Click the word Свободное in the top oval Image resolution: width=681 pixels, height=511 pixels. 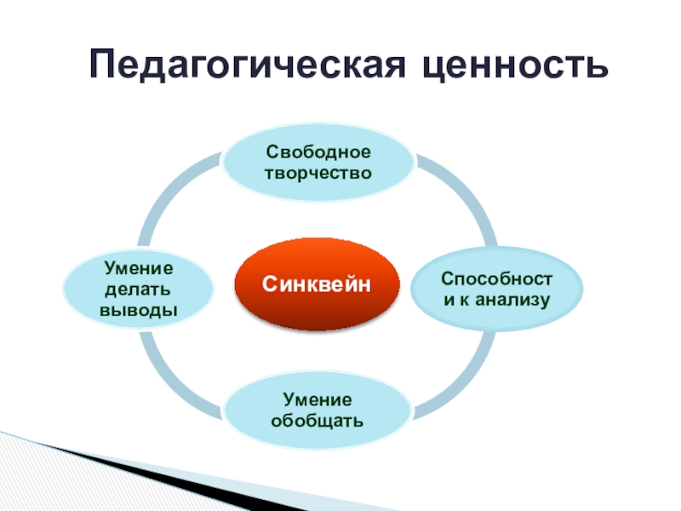pyautogui.click(x=318, y=153)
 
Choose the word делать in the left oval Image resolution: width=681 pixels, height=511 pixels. pyautogui.click(x=139, y=290)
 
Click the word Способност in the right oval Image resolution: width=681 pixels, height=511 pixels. pyautogui.click(x=497, y=279)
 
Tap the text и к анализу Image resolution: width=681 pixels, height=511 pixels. pyautogui.click(x=497, y=299)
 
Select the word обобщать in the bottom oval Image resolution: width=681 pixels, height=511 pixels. pyautogui.click(x=318, y=420)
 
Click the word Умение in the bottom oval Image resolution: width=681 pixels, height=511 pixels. pyautogui.click(x=318, y=400)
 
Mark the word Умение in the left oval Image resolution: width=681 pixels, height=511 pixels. pyautogui.click(x=139, y=270)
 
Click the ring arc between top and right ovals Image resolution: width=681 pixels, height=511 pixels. pyautogui.click(x=464, y=192)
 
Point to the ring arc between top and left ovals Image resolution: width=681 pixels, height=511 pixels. pyautogui.click(x=170, y=192)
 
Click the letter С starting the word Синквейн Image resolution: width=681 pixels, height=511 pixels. pyautogui.click(x=267, y=284)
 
